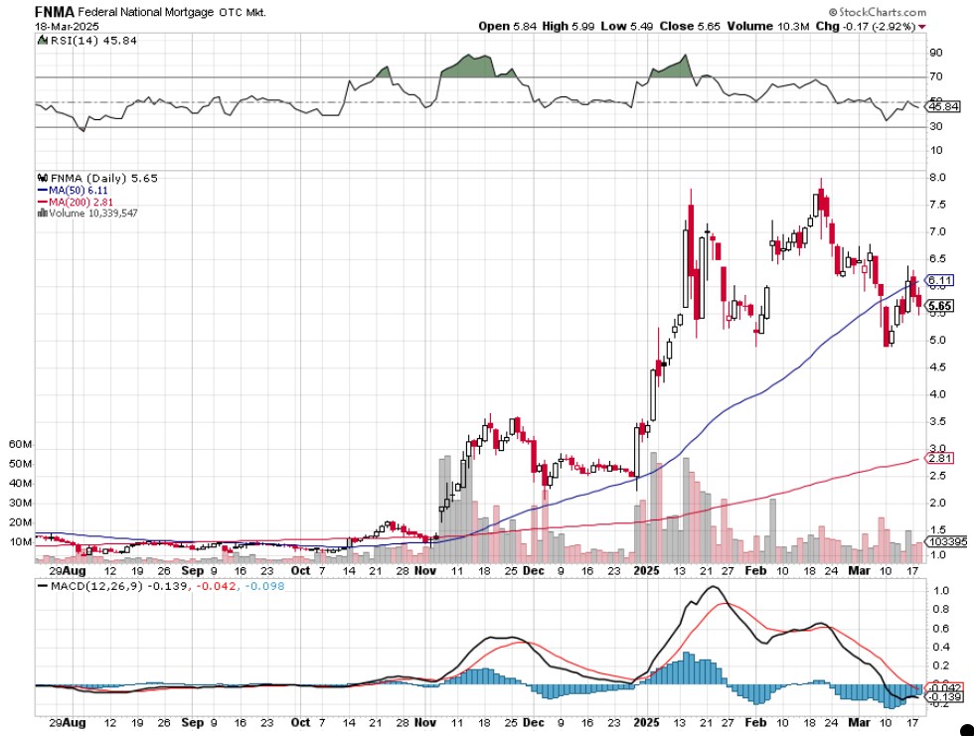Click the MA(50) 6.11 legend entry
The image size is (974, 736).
pos(72,190)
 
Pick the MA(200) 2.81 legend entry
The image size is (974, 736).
pos(75,202)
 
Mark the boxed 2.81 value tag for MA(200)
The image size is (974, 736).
pos(939,458)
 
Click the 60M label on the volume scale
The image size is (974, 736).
pos(21,445)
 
